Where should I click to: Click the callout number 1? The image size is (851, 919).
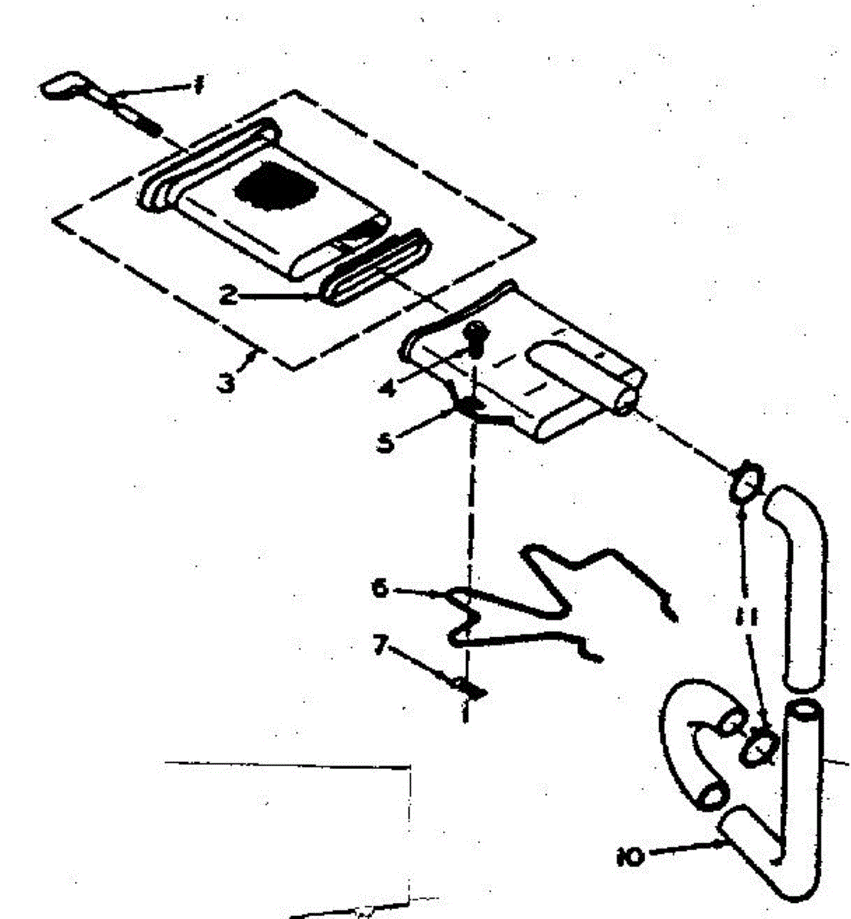click(198, 87)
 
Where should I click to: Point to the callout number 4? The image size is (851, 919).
click(388, 388)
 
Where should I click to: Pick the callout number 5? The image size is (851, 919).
click(387, 442)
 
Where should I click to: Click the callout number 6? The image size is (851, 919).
click(380, 589)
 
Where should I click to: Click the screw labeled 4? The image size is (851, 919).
click(476, 338)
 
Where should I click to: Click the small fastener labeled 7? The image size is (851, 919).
click(468, 686)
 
